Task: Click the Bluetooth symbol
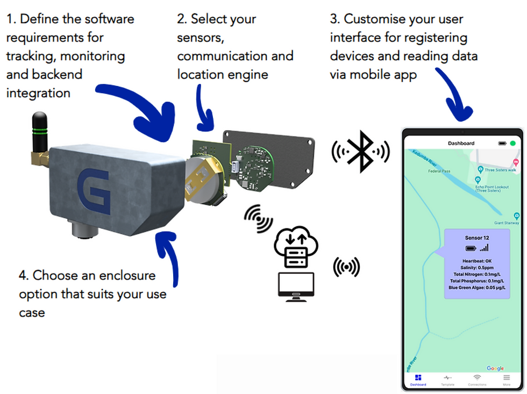360,152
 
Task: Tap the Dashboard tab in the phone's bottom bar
418,379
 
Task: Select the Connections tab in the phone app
476,379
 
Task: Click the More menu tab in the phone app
506,379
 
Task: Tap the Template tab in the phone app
447,379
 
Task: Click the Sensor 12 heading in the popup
476,237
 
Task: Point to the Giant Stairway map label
507,223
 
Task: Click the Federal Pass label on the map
439,171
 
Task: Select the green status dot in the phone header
512,144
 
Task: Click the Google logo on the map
495,368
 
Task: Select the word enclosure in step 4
130,276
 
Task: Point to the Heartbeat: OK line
476,261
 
